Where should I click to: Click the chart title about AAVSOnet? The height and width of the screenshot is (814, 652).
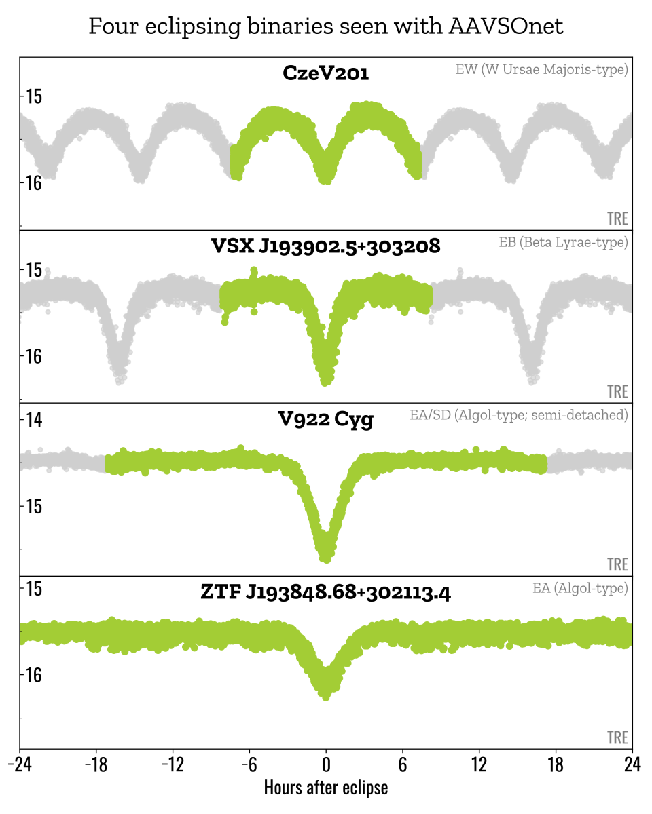(326, 26)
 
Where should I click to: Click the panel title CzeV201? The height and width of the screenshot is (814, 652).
(326, 73)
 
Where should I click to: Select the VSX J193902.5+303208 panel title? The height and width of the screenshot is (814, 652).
(326, 246)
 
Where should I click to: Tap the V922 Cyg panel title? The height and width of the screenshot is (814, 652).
(326, 420)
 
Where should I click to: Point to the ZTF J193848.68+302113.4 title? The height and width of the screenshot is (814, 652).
(326, 593)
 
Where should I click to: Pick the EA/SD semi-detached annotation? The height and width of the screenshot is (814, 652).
(519, 415)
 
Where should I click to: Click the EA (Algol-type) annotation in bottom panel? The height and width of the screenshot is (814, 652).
(580, 588)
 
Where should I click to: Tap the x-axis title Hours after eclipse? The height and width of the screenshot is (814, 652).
(326, 788)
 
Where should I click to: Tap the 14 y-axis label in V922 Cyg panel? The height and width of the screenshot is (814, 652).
(34, 420)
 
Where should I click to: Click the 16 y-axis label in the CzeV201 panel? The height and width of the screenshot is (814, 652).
(34, 183)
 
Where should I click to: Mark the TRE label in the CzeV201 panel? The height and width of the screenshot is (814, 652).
(617, 218)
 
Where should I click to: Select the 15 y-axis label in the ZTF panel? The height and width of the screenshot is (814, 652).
(34, 588)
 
